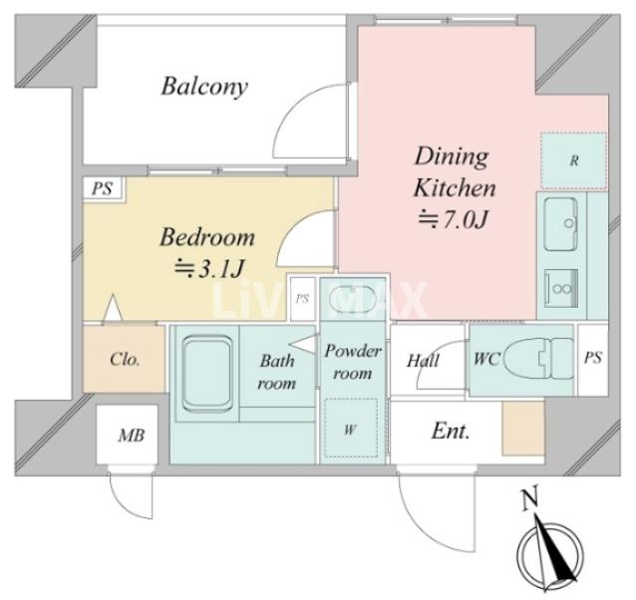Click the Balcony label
pyautogui.click(x=204, y=87)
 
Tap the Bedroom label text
pyautogui.click(x=207, y=237)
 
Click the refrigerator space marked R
pyautogui.click(x=573, y=160)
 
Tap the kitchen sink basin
pyautogui.click(x=561, y=224)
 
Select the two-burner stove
pyautogui.click(x=561, y=288)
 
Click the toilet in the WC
pyautogui.click(x=538, y=359)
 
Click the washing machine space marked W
pyautogui.click(x=351, y=429)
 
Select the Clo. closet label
pyautogui.click(x=125, y=360)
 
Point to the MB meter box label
pyautogui.click(x=131, y=435)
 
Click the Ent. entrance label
pyautogui.click(x=451, y=431)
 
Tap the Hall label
pyautogui.click(x=423, y=361)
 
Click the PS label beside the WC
pyautogui.click(x=593, y=358)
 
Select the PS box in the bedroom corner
pyautogui.click(x=103, y=188)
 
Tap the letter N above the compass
pyautogui.click(x=529, y=498)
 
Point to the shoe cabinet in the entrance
pyautogui.click(x=522, y=429)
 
